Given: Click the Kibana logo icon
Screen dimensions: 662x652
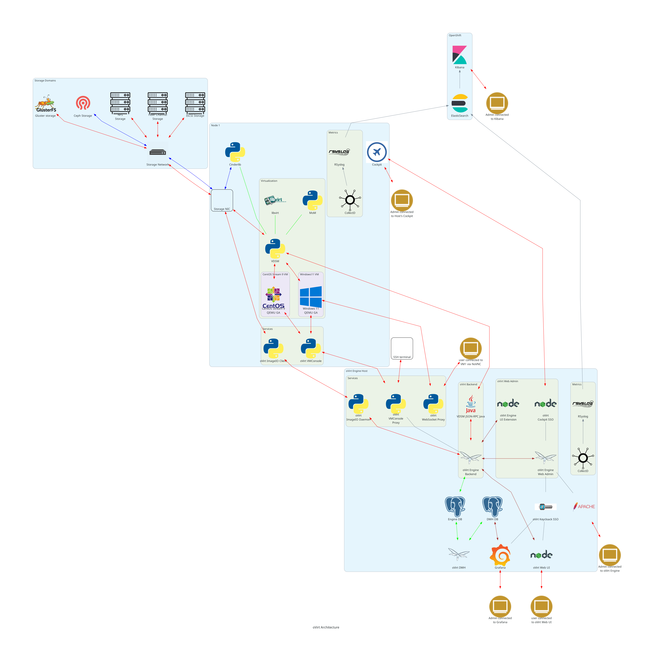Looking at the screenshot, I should click(x=460, y=55).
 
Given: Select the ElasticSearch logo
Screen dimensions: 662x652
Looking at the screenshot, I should click(x=460, y=103).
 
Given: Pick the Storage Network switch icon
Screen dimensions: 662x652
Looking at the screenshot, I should click(x=158, y=152).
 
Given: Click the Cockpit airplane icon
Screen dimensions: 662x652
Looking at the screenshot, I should click(x=377, y=152).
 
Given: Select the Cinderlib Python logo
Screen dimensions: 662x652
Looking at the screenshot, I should click(x=235, y=152).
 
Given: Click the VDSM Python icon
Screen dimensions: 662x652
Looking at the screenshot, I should click(x=275, y=249).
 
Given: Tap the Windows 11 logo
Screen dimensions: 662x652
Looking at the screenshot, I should click(x=311, y=297).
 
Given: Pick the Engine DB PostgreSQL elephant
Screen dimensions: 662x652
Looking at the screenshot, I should click(x=455, y=506).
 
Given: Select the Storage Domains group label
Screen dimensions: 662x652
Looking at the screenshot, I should click(x=45, y=81).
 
